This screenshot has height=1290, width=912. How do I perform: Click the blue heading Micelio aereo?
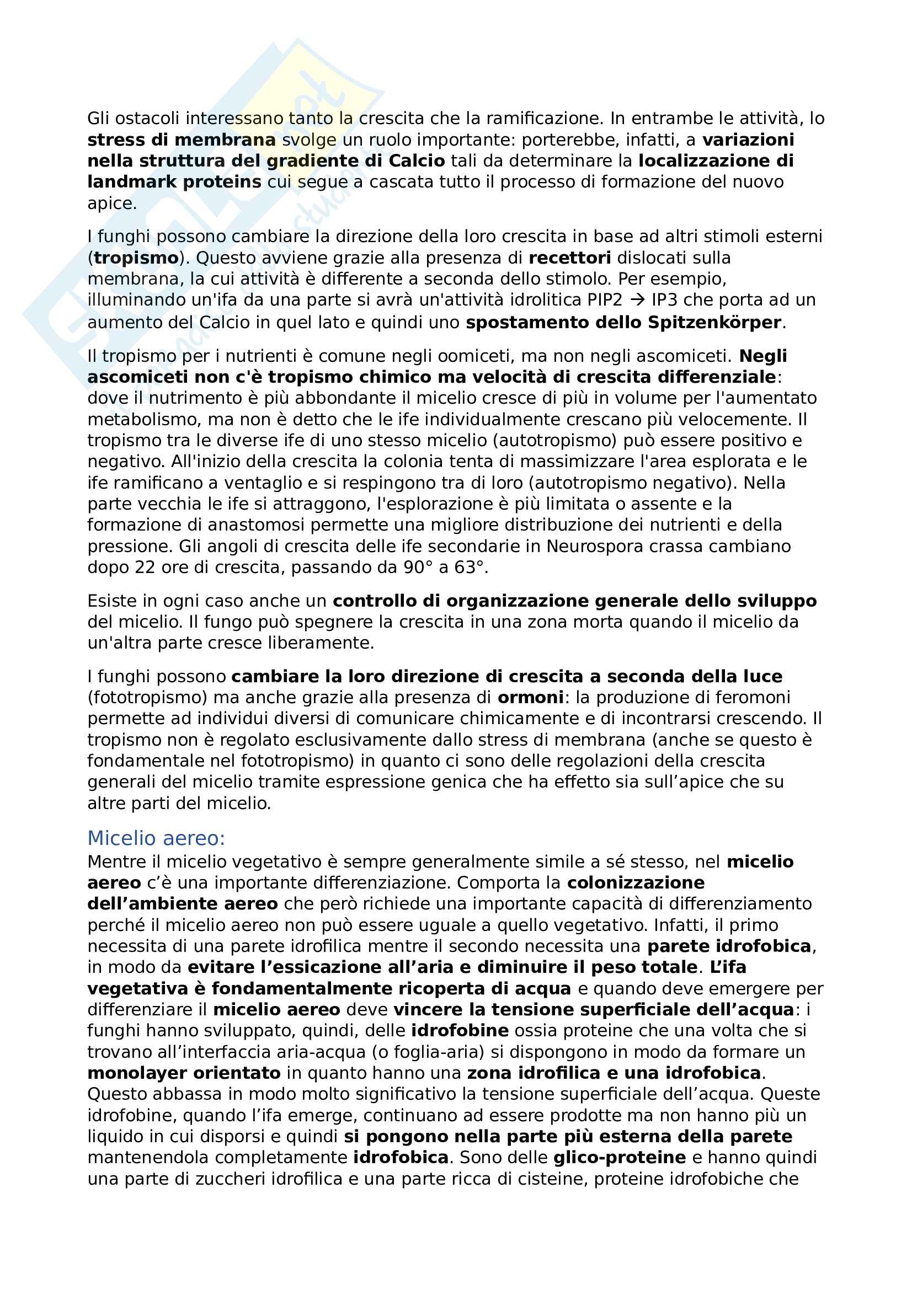156,838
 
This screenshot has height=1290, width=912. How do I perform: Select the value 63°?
468,568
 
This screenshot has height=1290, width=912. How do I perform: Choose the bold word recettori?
570,258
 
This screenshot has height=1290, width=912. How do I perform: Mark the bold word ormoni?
530,697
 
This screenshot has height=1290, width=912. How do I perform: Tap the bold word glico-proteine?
619,1158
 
